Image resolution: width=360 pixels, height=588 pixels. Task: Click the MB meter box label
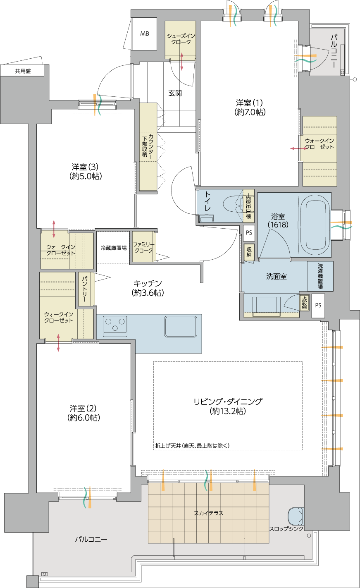(x=145, y=33)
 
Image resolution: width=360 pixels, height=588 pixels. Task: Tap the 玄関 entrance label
(x=175, y=93)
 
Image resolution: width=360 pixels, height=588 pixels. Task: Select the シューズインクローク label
(x=181, y=39)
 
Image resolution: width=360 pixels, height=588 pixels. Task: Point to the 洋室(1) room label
(x=250, y=108)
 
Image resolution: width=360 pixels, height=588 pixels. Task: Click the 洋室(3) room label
(x=86, y=171)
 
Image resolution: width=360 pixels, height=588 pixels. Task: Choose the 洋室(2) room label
(x=84, y=413)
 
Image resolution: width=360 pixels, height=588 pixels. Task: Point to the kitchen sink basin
(x=181, y=326)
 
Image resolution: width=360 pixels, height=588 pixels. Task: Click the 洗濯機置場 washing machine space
(x=320, y=276)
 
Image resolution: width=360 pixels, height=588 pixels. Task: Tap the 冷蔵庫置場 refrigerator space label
(x=114, y=248)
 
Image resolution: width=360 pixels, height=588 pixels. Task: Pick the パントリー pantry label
(x=85, y=289)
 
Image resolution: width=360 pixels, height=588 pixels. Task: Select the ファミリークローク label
(x=144, y=247)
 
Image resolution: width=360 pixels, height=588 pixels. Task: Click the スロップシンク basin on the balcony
(x=296, y=516)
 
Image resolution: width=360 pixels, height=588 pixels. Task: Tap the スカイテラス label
(x=209, y=513)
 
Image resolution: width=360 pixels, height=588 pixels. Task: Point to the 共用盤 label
(x=23, y=71)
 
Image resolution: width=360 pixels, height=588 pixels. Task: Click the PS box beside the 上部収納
(x=318, y=306)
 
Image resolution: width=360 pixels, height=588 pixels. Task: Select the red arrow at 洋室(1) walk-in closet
(x=298, y=148)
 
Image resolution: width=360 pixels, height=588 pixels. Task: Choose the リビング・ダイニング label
(x=228, y=406)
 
